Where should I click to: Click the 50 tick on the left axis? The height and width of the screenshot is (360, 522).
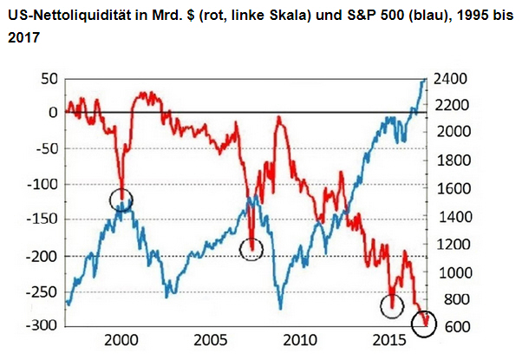46,79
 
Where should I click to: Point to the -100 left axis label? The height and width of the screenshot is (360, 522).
39,184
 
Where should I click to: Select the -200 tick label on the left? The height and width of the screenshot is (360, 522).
39,256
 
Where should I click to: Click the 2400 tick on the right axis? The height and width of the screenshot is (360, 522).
452,79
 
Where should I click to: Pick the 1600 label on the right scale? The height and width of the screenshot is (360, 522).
452,189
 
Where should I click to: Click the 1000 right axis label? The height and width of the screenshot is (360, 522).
452,272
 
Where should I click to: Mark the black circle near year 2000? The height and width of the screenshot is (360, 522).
121,200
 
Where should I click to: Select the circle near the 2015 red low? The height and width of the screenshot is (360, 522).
393,305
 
